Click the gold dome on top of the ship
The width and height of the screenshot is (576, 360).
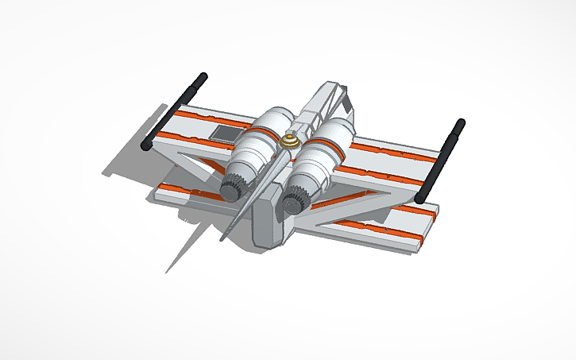click(289, 141)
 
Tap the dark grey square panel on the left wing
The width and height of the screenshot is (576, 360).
click(223, 133)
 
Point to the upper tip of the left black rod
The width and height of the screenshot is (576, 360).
click(202, 76)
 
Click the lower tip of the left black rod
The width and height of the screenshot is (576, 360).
click(145, 147)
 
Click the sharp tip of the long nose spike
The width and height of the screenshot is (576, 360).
click(222, 238)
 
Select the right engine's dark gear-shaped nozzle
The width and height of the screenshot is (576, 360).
click(296, 198)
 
